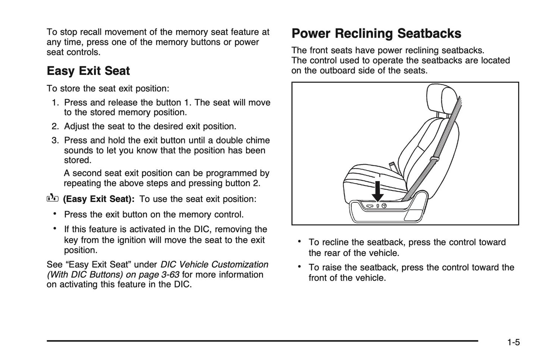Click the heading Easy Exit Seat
[88, 71]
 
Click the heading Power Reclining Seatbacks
[376, 34]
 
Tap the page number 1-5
[513, 342]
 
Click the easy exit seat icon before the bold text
[53, 198]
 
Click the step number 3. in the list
[55, 140]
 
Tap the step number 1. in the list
[55, 102]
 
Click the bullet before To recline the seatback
[299, 241]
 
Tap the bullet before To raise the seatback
[299, 267]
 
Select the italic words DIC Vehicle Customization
[214, 265]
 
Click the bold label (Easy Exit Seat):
[98, 199]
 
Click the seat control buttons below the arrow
[377, 206]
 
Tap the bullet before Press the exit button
[55, 214]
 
